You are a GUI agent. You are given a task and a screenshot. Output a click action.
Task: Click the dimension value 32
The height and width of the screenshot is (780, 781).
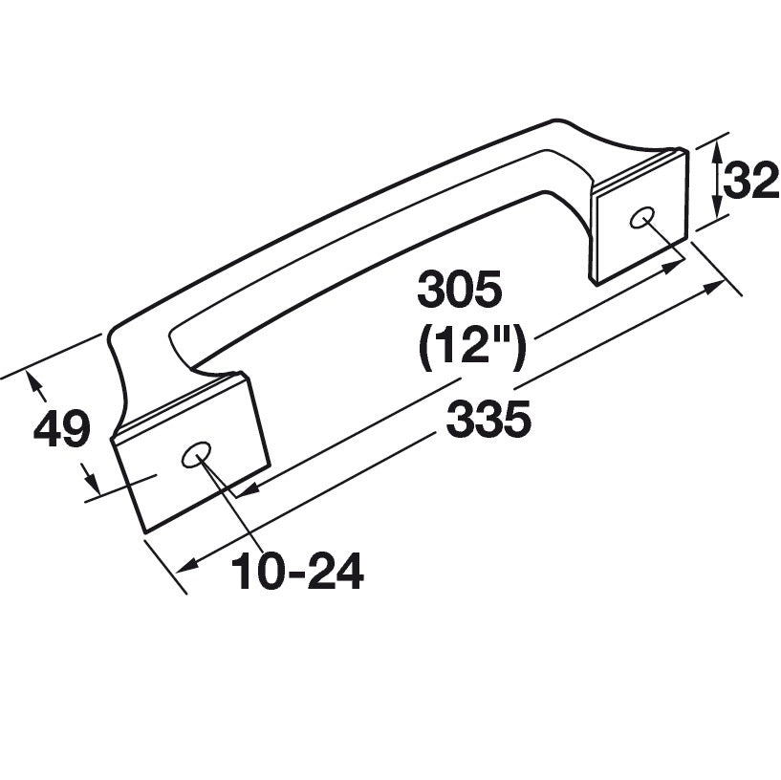pyautogui.click(x=751, y=182)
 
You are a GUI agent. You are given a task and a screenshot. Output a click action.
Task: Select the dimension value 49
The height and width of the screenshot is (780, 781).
pyautogui.click(x=62, y=430)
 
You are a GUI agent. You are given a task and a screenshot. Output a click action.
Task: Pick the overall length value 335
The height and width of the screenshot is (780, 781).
pyautogui.click(x=488, y=419)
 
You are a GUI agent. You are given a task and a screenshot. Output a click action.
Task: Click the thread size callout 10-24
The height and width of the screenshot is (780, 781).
pyautogui.click(x=297, y=573)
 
